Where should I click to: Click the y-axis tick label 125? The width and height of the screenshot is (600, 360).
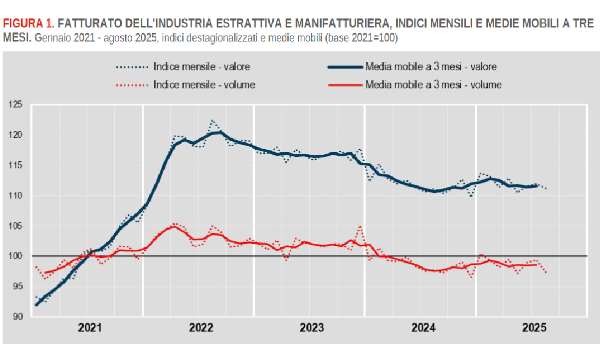(x=14, y=104)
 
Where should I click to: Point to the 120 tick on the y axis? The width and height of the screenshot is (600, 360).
(x=14, y=134)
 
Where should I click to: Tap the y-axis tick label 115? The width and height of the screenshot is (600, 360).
(x=14, y=165)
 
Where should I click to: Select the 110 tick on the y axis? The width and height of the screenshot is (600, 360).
(x=14, y=195)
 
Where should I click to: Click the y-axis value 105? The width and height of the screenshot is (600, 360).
(x=14, y=226)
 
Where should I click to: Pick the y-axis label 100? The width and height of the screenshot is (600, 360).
(x=14, y=256)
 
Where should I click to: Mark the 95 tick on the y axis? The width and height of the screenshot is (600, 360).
(x=16, y=287)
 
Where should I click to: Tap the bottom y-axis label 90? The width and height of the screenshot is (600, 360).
(x=16, y=317)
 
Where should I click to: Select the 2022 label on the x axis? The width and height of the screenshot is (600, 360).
(x=200, y=328)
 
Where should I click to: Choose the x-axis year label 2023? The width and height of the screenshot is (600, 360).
(x=311, y=328)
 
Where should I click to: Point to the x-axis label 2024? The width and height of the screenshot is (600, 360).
(x=422, y=328)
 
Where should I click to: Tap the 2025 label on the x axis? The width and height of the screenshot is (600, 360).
(x=532, y=328)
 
